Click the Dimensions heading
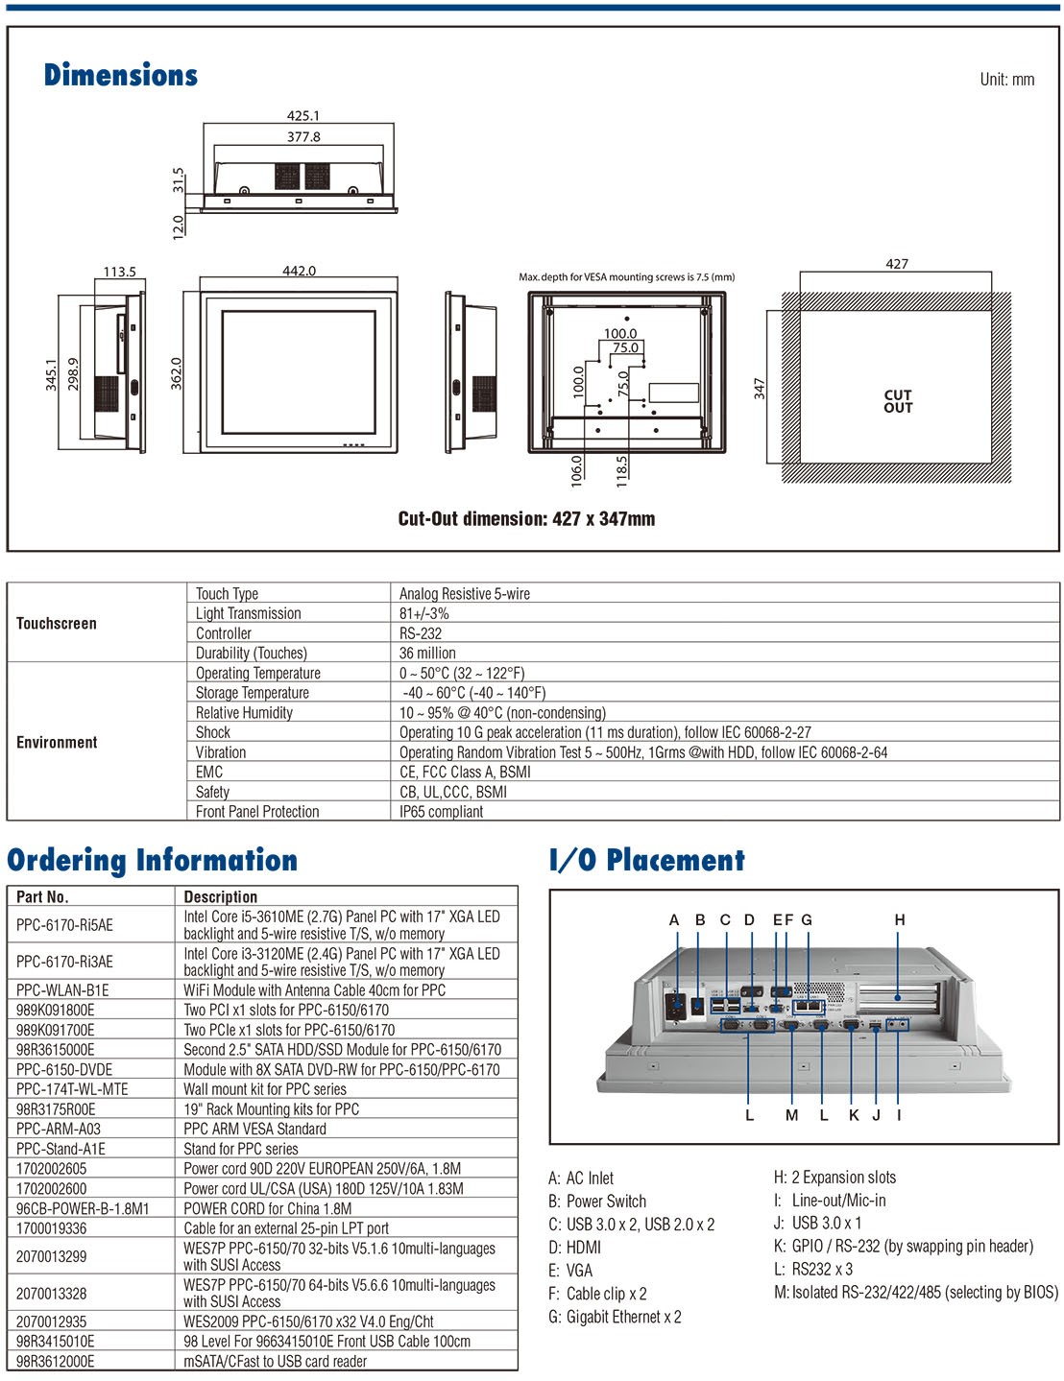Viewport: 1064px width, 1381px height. coord(121,74)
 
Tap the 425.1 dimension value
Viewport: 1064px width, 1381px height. coord(303,116)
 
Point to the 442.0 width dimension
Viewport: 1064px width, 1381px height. coord(299,271)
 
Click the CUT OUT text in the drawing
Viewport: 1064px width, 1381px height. coord(898,402)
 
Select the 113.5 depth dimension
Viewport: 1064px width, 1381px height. coord(119,272)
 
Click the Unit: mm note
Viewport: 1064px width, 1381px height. coord(1006,80)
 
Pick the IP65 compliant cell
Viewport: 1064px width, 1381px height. coord(441,812)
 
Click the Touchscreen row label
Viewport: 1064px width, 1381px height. coord(57,624)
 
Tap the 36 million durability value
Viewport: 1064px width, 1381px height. coord(427,653)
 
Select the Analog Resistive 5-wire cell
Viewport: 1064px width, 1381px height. coord(465,594)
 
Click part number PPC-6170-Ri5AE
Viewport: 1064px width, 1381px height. coord(65,925)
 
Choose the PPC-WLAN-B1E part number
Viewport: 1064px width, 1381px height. coord(62,990)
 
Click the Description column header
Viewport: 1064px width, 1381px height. coord(221,896)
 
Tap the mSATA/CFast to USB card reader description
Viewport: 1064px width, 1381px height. coord(276,1361)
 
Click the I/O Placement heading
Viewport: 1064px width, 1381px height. coord(647,860)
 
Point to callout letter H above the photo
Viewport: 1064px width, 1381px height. coord(900,919)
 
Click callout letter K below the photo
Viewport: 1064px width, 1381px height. coord(854,1115)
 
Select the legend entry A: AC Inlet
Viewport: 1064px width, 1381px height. coord(581,1179)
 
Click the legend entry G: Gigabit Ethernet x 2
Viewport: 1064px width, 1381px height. coord(615,1317)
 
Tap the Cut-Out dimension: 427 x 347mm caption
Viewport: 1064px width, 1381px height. coord(526,518)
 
